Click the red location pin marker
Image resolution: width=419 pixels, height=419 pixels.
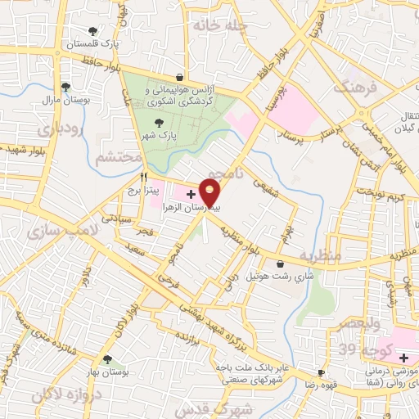pos(210,193)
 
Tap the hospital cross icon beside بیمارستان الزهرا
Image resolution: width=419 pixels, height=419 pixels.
pos(191,195)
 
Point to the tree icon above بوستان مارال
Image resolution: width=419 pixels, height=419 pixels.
pos(66,87)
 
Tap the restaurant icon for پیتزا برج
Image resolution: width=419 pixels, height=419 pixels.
pos(144,176)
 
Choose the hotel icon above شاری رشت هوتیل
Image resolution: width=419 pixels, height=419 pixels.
pos(281,264)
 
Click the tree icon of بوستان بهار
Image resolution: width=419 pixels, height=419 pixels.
pos(107,358)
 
